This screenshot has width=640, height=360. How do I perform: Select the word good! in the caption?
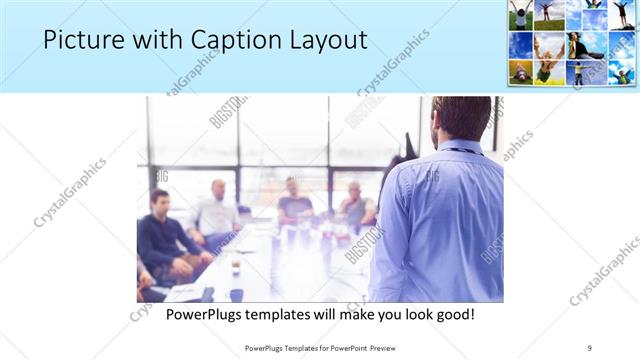pos(453,315)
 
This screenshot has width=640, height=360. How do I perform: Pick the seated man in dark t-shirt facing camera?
pos(294,202)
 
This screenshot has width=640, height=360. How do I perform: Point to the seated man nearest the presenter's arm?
pos(355,206)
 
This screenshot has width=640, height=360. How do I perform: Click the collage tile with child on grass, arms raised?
pos(520,14)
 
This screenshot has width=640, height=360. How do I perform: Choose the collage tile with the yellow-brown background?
pos(520,72)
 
